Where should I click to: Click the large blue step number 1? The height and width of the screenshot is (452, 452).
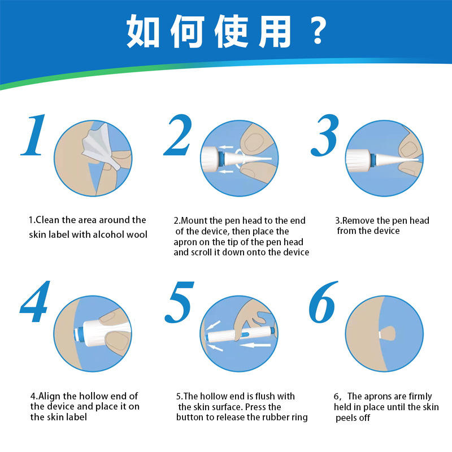click(x=34, y=134)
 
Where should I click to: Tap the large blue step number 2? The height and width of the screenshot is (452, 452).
click(x=178, y=134)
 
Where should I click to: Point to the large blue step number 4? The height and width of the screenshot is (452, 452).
click(x=34, y=301)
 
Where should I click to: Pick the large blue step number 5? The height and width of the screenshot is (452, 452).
click(x=179, y=302)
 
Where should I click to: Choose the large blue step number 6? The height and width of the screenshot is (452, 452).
click(x=323, y=302)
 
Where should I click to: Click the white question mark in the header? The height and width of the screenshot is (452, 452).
click(x=318, y=31)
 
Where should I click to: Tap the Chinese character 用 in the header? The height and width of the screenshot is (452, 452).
click(x=274, y=31)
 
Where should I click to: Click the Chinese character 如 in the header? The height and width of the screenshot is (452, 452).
click(x=143, y=31)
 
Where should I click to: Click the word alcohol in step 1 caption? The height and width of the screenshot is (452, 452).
click(x=108, y=234)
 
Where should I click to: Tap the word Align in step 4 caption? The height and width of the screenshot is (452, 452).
click(x=49, y=397)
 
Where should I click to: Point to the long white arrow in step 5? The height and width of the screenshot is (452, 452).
click(x=255, y=345)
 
